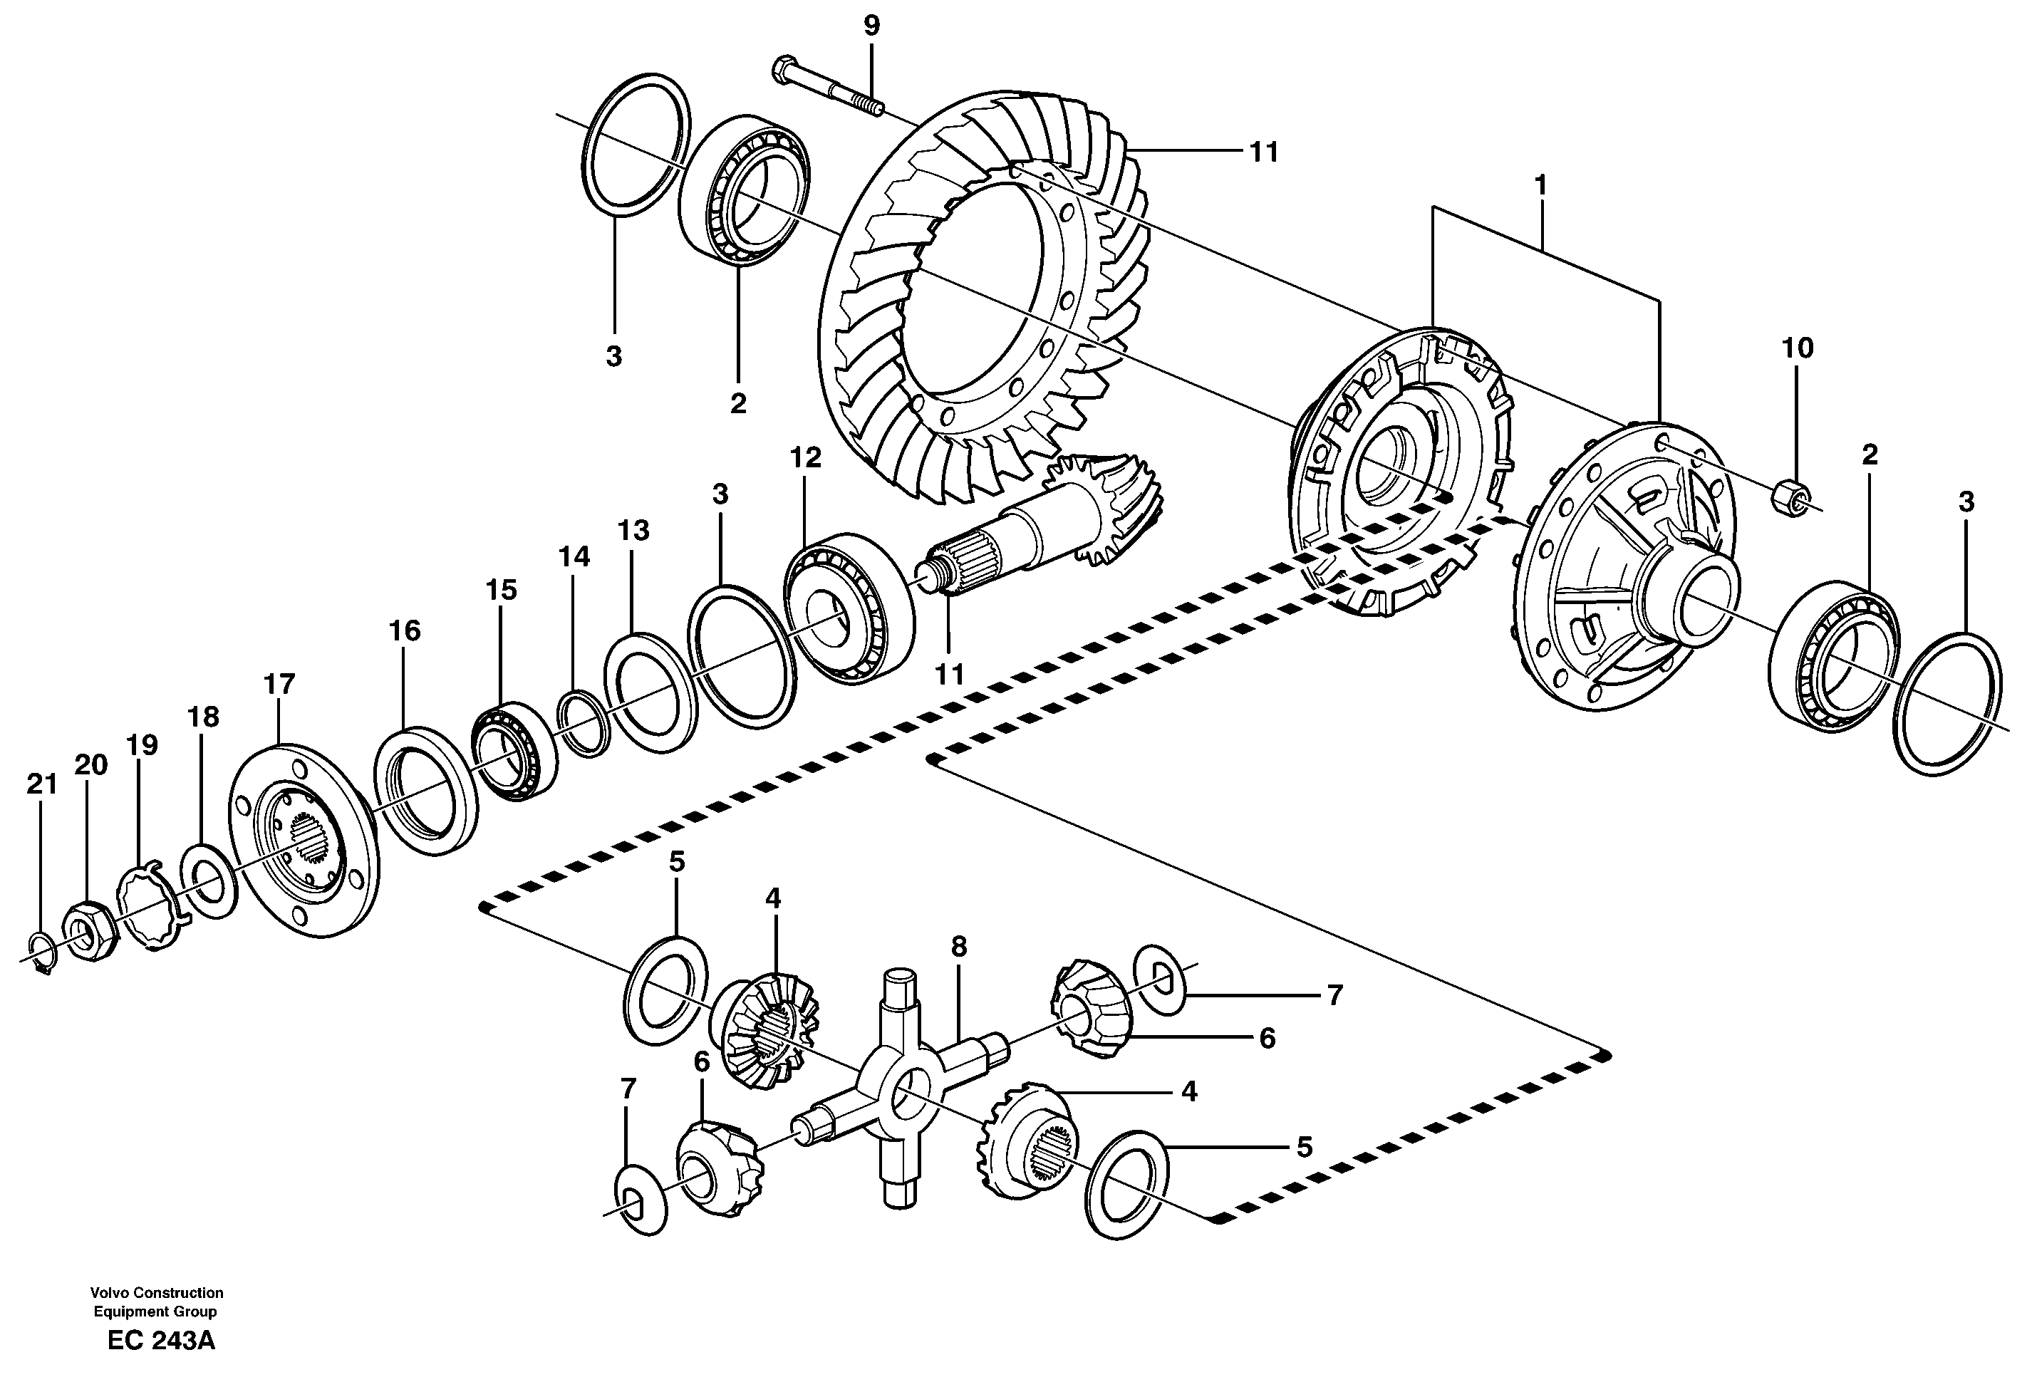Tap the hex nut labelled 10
pos(1788,498)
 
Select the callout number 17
pos(279,685)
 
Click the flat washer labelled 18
pos(209,880)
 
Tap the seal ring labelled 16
pos(425,790)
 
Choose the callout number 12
pos(805,458)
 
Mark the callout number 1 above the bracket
pos(1540,186)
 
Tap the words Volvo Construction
pos(156,1293)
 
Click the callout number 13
pos(634,531)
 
